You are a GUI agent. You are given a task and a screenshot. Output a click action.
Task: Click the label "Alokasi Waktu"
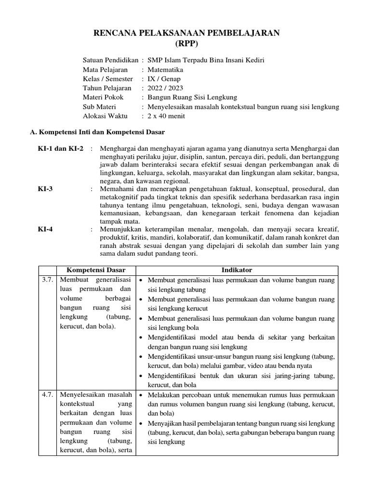(104, 116)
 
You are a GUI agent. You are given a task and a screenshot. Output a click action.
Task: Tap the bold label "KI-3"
(45, 189)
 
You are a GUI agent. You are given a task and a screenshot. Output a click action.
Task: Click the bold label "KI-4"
(45, 229)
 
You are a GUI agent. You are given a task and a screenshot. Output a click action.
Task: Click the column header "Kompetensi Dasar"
(96, 270)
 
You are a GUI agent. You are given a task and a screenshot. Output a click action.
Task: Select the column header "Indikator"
(237, 270)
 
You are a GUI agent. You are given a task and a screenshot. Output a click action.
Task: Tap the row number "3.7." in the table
(47, 280)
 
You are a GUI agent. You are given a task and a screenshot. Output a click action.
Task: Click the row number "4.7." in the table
(47, 395)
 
